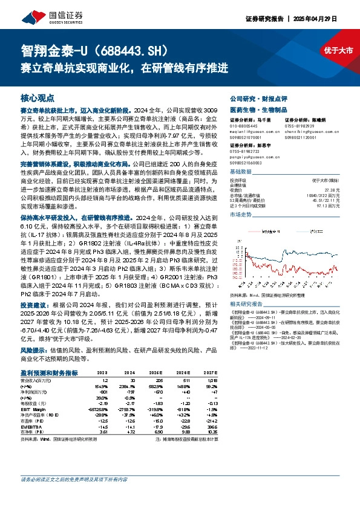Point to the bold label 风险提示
click(x=33, y=350)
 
